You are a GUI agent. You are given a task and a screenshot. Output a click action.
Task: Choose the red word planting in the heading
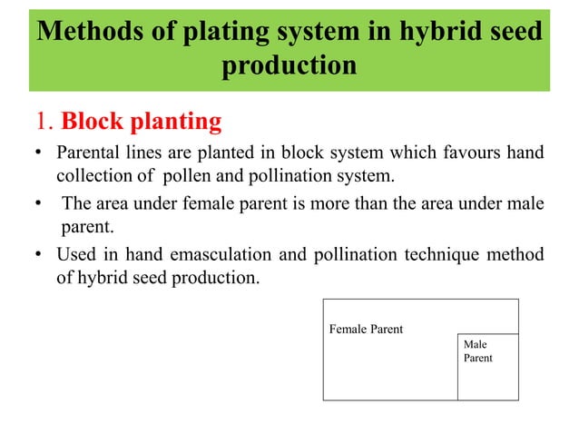(172, 122)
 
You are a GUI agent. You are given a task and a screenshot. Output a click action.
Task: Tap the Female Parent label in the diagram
(365, 329)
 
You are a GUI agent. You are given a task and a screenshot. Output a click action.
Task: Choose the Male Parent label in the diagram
(478, 351)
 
